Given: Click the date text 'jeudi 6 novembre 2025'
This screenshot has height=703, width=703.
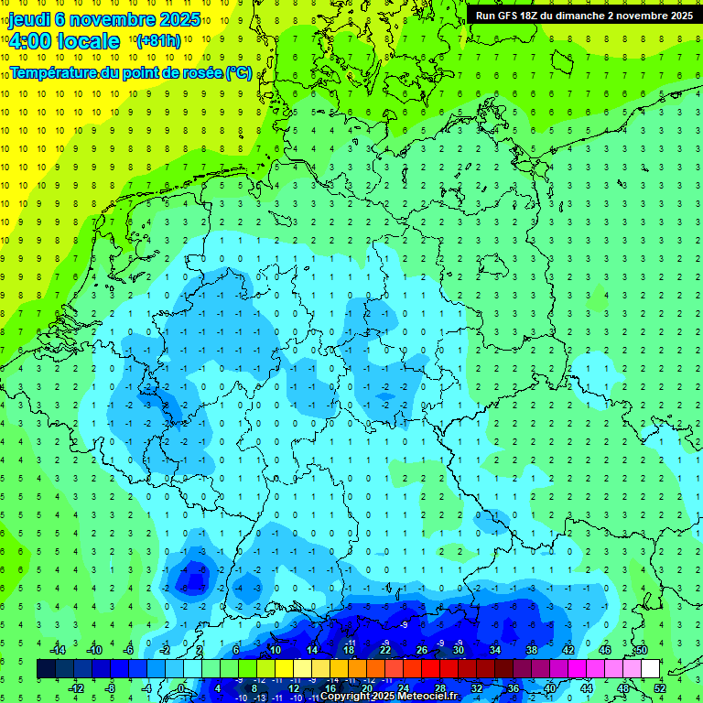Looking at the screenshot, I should coord(104,18).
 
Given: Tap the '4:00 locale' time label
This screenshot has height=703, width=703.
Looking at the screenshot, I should coord(64,41).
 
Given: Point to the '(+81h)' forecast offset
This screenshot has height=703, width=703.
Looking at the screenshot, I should coord(158,41).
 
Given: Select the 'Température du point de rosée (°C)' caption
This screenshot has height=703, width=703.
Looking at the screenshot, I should coord(131,72).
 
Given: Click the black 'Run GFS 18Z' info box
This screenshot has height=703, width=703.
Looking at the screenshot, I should coord(584,15).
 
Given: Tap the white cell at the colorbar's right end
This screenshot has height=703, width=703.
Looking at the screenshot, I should coord(650,668).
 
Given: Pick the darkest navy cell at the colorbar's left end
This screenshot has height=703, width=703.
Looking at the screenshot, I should coord(46,668).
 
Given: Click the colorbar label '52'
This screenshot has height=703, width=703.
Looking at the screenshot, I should coord(659,688).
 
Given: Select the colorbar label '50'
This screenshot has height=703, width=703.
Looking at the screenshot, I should coord(641,650).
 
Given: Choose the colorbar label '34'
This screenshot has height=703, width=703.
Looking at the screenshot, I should coord(494,650).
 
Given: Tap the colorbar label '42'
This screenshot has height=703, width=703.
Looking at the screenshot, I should coord(568,650).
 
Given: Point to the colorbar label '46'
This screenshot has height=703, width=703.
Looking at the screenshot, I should coord(604,650).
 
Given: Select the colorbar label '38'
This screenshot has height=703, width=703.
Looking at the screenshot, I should coord(531,650).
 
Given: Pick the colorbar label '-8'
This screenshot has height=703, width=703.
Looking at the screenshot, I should coord(110,688).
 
